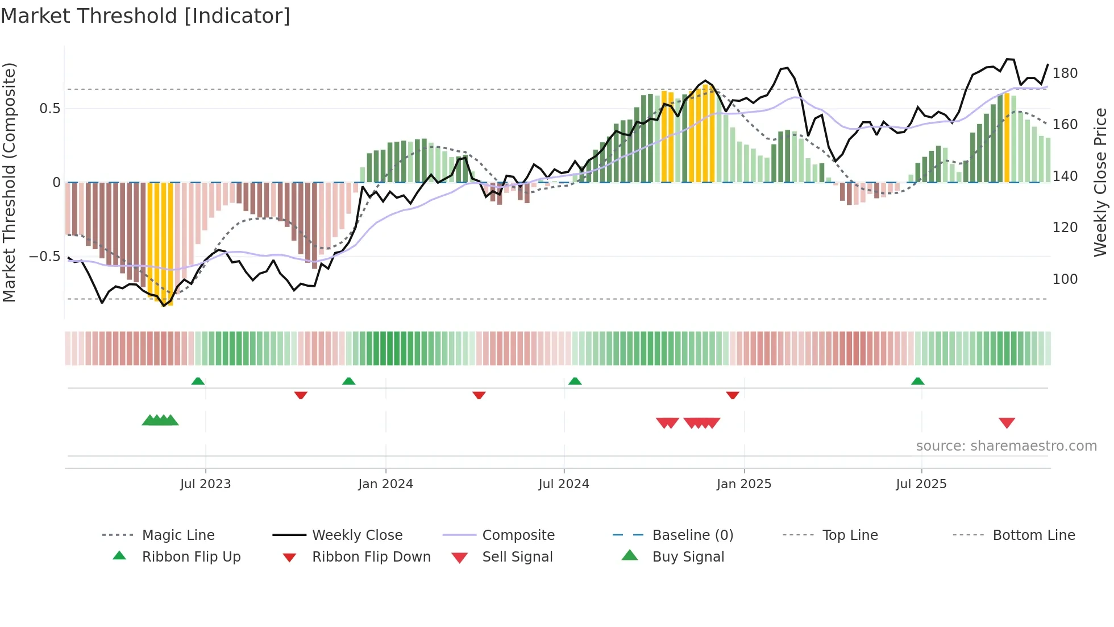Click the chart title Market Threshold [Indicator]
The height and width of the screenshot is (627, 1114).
pos(146,16)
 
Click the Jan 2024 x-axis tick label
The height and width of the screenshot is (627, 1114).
pos(385,484)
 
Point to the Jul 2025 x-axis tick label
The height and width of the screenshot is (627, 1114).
pos(921,484)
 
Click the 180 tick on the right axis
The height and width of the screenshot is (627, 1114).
pos(1065,73)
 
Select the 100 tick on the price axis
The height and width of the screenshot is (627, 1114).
pos(1065,279)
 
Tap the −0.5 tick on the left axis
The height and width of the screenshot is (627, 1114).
pos(44,257)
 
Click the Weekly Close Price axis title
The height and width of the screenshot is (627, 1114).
pos(1100,182)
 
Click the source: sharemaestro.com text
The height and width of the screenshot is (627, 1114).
pos(1006,446)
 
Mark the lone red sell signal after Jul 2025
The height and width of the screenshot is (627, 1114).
pos(1007,423)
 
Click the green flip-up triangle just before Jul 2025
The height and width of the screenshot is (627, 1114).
pos(917,381)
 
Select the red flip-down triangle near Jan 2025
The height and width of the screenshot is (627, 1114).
pos(732,395)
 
